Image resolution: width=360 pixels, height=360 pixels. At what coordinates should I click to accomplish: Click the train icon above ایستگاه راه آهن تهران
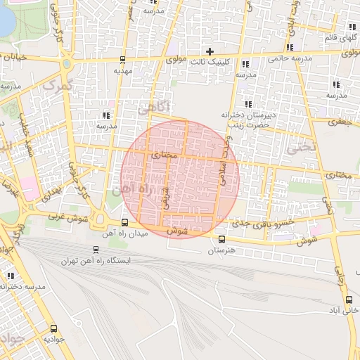tap(96, 249)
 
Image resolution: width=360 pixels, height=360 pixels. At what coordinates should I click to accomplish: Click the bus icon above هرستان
tap(222, 239)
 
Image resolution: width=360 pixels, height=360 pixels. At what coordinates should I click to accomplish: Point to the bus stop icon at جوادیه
tap(54, 328)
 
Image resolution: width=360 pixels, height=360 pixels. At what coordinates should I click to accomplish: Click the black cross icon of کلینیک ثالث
tap(209, 51)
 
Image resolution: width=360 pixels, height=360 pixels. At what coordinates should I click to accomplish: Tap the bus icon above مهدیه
tap(123, 60)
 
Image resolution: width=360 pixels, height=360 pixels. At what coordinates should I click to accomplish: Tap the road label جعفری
tap(339, 122)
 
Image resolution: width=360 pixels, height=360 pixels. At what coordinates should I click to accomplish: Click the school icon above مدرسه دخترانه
tap(11, 276)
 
